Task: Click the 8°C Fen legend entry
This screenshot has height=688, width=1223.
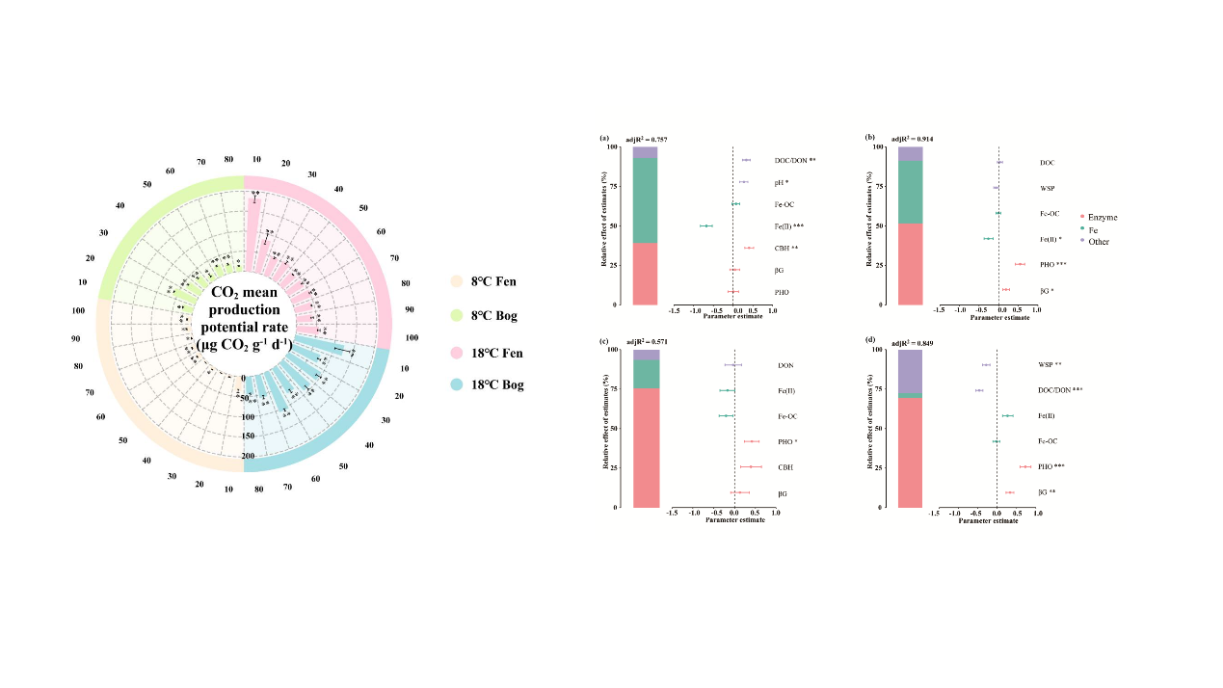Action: [492, 281]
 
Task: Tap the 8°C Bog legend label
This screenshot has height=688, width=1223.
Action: [493, 315]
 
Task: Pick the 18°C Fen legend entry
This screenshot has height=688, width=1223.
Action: [494, 351]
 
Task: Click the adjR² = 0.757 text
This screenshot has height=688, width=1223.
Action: [646, 140]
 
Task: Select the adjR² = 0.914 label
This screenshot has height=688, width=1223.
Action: [912, 140]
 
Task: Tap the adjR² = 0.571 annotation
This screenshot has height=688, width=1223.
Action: [646, 342]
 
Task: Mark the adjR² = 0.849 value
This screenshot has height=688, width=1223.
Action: [912, 343]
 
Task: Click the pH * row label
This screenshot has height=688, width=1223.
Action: [781, 182]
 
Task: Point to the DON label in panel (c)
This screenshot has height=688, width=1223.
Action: [785, 365]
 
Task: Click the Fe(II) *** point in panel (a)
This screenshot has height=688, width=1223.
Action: [706, 225]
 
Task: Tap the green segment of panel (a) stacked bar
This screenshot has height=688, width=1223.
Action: [646, 199]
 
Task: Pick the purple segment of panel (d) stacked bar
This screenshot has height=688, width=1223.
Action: [911, 371]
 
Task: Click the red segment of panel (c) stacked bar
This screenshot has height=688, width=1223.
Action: [646, 447]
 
